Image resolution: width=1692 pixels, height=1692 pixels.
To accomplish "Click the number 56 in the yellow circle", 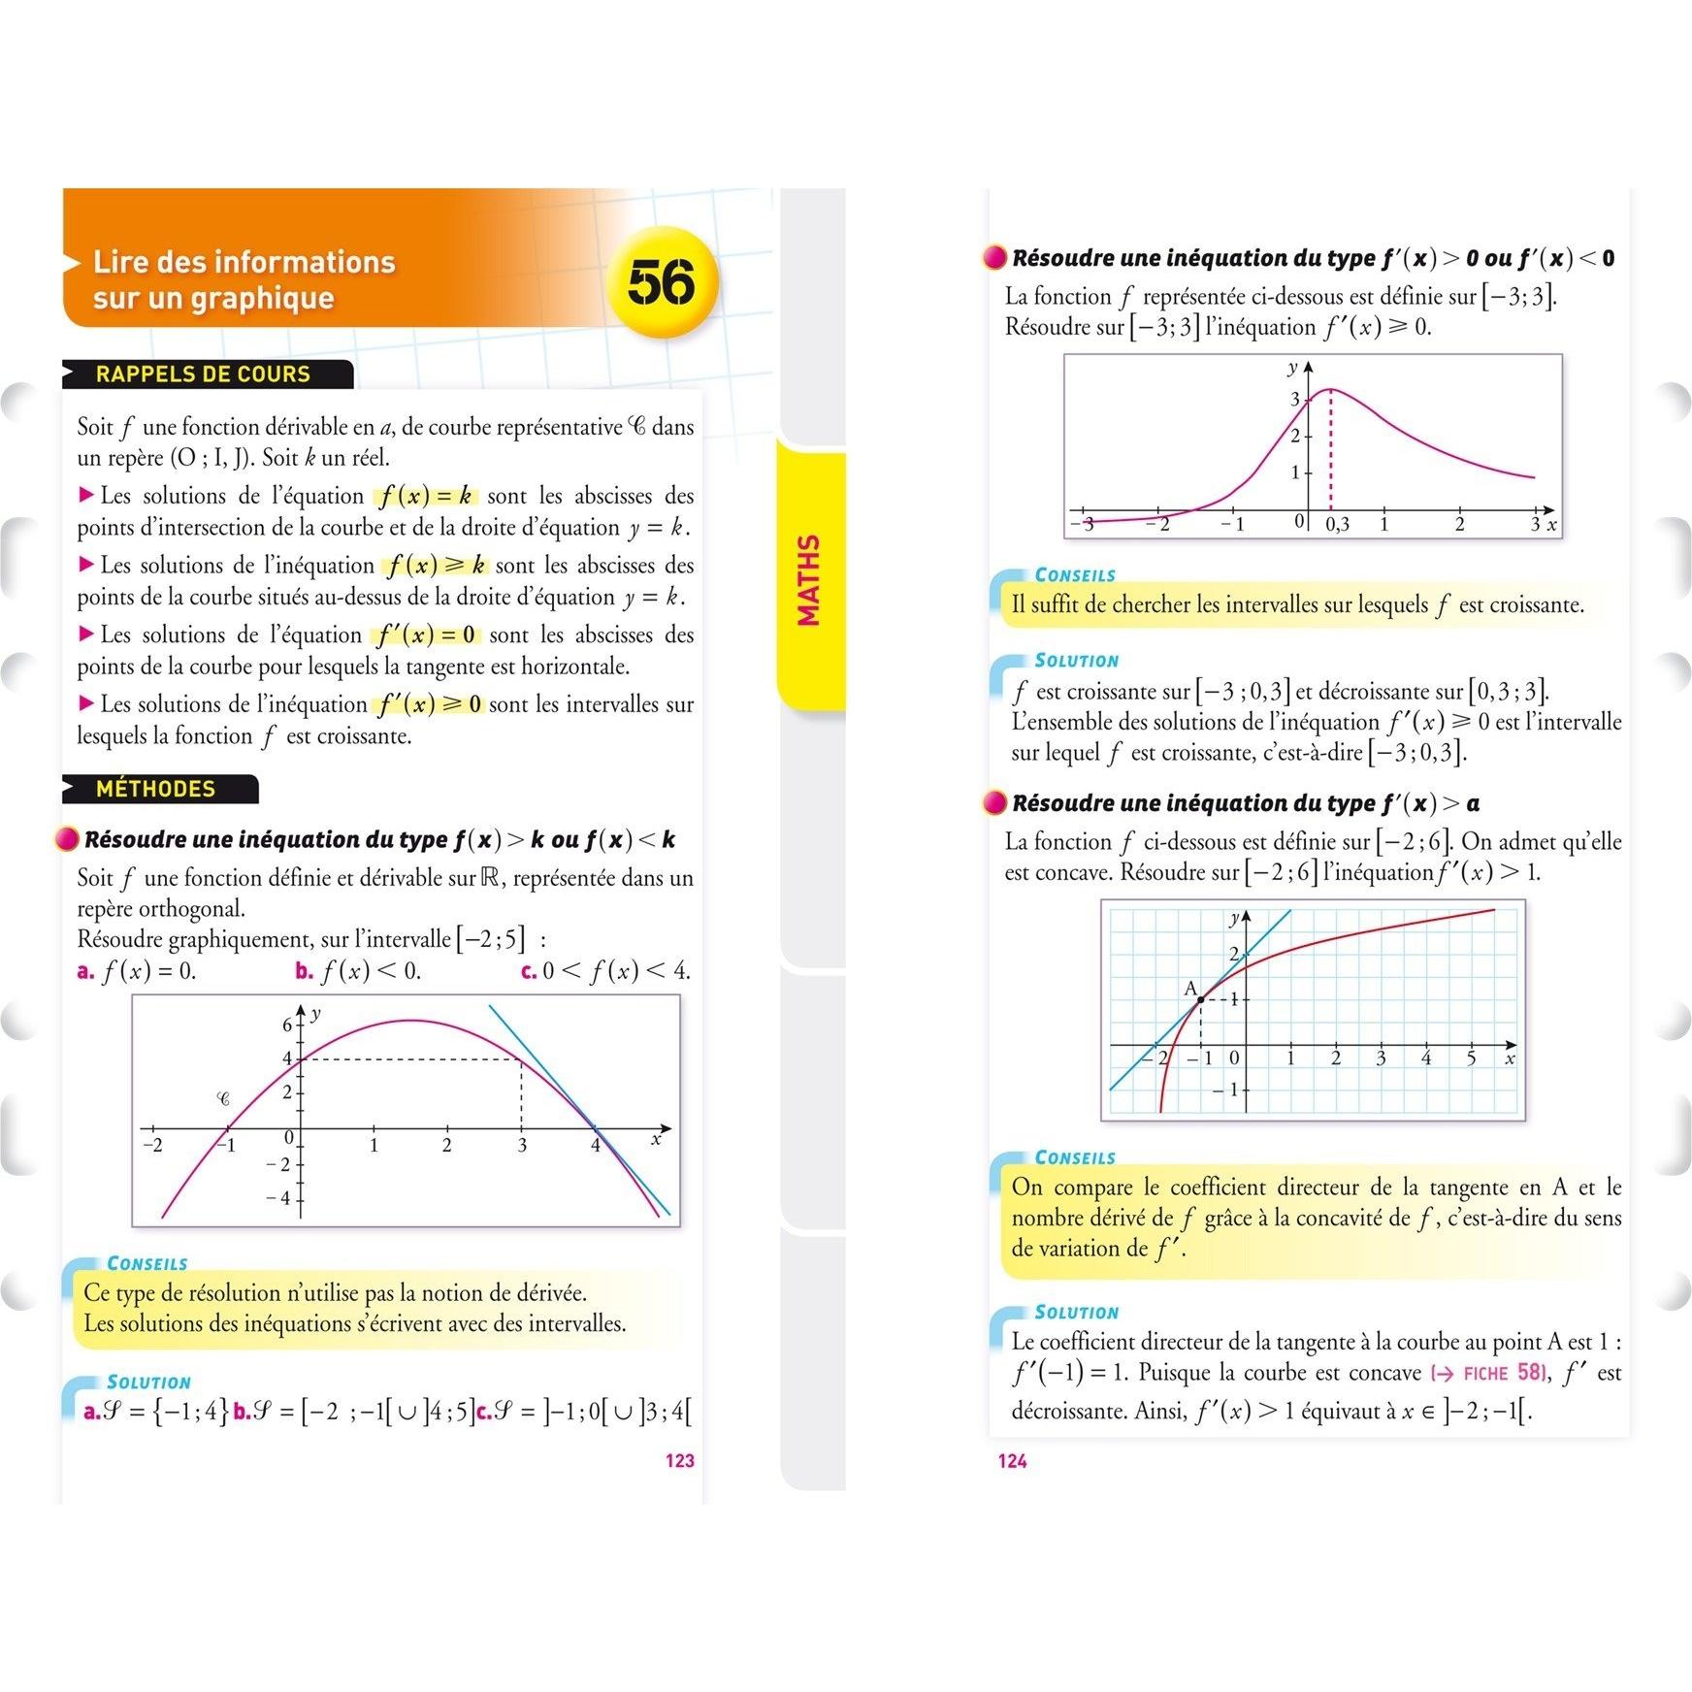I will pos(661,282).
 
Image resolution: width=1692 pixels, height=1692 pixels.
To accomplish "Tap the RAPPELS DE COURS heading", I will pos(203,374).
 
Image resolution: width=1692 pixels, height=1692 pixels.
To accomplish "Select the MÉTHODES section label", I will pos(155,789).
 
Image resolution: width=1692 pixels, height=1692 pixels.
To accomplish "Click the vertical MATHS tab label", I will pos(808,579).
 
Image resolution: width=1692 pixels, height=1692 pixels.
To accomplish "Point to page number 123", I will pos(679,1460).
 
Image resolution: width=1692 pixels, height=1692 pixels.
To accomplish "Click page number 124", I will pos(1012,1460).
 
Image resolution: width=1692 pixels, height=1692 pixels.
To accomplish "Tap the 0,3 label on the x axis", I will pos(1337,525).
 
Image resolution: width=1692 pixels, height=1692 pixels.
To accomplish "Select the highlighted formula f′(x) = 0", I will pos(427,635).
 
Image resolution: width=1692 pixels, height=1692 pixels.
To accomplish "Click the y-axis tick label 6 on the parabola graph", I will pos(287,1025).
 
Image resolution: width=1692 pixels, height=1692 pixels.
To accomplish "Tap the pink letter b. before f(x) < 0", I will pos(304,971).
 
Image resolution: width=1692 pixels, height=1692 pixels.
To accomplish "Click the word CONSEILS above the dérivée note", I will pos(147,1263).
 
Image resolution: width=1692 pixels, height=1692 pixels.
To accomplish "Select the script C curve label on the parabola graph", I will pos(223,1099).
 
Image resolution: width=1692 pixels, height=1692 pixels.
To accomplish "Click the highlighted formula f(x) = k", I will pos(426,497).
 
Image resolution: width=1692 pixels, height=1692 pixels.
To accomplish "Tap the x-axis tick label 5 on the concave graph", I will pos(1471,1058).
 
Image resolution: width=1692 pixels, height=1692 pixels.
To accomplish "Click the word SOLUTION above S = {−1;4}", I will pos(148,1382).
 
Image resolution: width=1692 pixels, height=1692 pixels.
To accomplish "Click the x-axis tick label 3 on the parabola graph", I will pos(522,1146).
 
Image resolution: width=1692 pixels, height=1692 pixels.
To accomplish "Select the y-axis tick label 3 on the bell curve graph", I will pos(1294,399).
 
